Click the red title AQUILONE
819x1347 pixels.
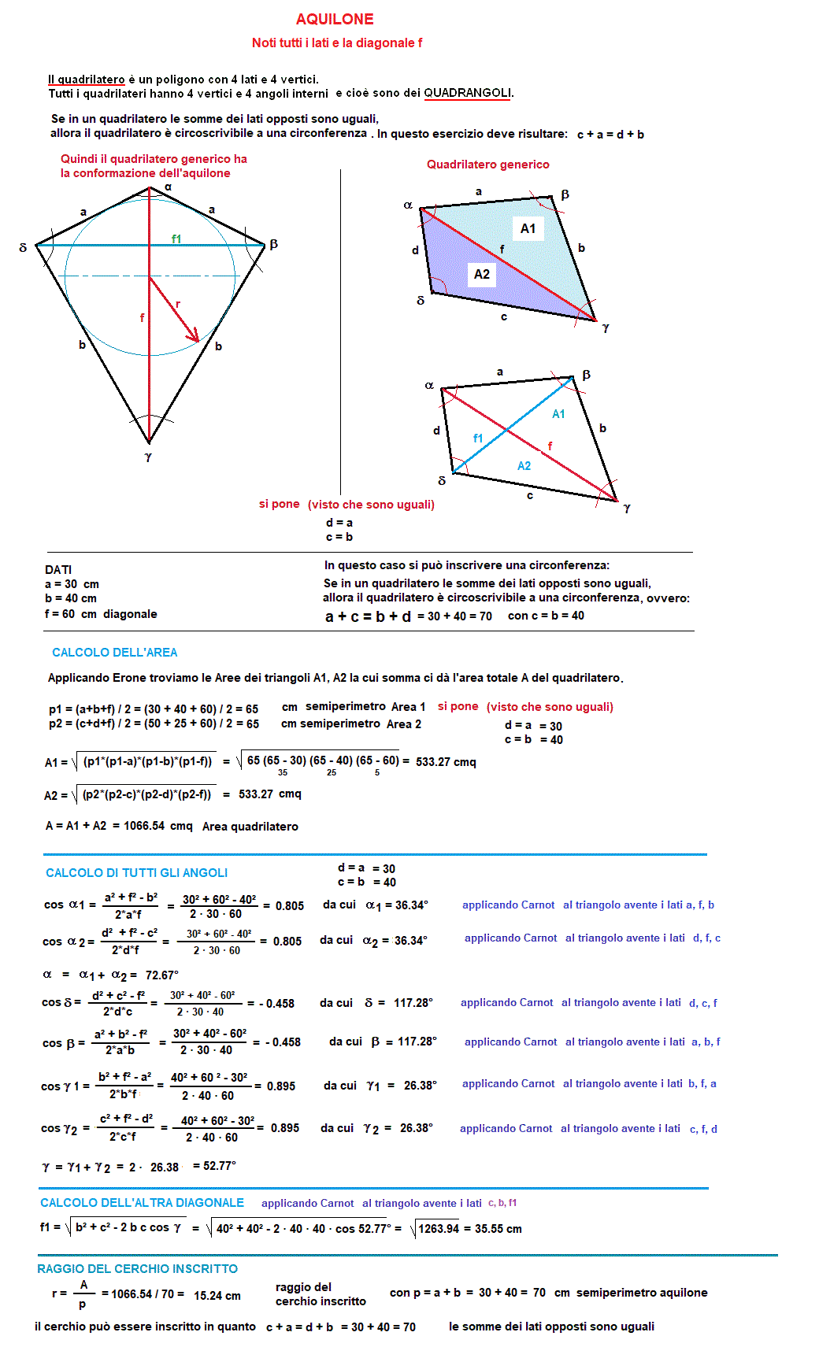(335, 19)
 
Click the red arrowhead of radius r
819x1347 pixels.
(194, 337)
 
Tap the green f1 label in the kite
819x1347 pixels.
(176, 239)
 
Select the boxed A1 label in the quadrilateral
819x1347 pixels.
(528, 228)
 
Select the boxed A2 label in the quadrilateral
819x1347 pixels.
(482, 274)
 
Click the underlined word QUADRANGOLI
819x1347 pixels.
(468, 93)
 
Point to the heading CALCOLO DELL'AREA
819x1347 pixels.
(114, 652)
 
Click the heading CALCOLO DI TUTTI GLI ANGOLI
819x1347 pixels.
(136, 872)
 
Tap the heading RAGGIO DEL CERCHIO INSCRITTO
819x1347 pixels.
(137, 1268)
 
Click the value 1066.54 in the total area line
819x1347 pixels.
(144, 826)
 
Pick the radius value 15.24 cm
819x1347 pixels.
(217, 1295)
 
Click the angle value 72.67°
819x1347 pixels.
(162, 975)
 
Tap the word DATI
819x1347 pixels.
(58, 569)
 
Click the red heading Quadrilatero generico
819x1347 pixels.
(487, 164)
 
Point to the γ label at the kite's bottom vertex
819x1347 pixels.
(148, 457)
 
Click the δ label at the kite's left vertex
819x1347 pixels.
(23, 247)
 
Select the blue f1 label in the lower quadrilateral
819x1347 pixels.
(478, 438)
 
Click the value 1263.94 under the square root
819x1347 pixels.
(439, 1229)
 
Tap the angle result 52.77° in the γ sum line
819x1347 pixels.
(220, 1165)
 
